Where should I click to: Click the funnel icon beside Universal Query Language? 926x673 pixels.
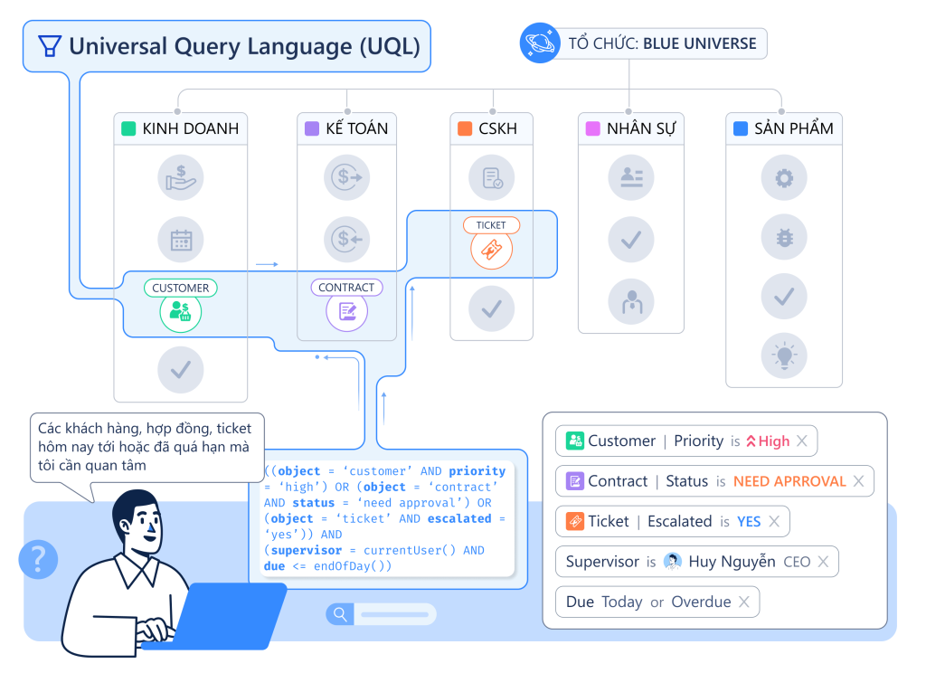coord(50,45)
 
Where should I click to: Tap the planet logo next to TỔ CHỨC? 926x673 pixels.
coord(540,43)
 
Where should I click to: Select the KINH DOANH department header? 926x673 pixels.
coord(181,128)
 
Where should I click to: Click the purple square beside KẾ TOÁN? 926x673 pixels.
coord(311,128)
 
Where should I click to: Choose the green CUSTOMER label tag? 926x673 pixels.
coord(181,288)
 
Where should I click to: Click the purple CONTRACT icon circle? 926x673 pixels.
coord(346,311)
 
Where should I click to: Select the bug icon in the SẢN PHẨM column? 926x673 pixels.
coord(784,238)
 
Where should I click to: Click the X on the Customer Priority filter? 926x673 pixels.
coord(802,441)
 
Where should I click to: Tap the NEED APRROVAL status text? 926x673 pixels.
coord(789,481)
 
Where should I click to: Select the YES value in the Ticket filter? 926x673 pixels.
coord(749,521)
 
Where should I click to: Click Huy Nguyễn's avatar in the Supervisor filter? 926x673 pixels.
coord(673,562)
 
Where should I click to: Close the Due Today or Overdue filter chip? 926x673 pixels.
coord(744,602)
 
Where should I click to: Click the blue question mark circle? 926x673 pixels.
coord(38,559)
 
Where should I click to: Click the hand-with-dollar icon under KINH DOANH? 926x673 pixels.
coord(181,177)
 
